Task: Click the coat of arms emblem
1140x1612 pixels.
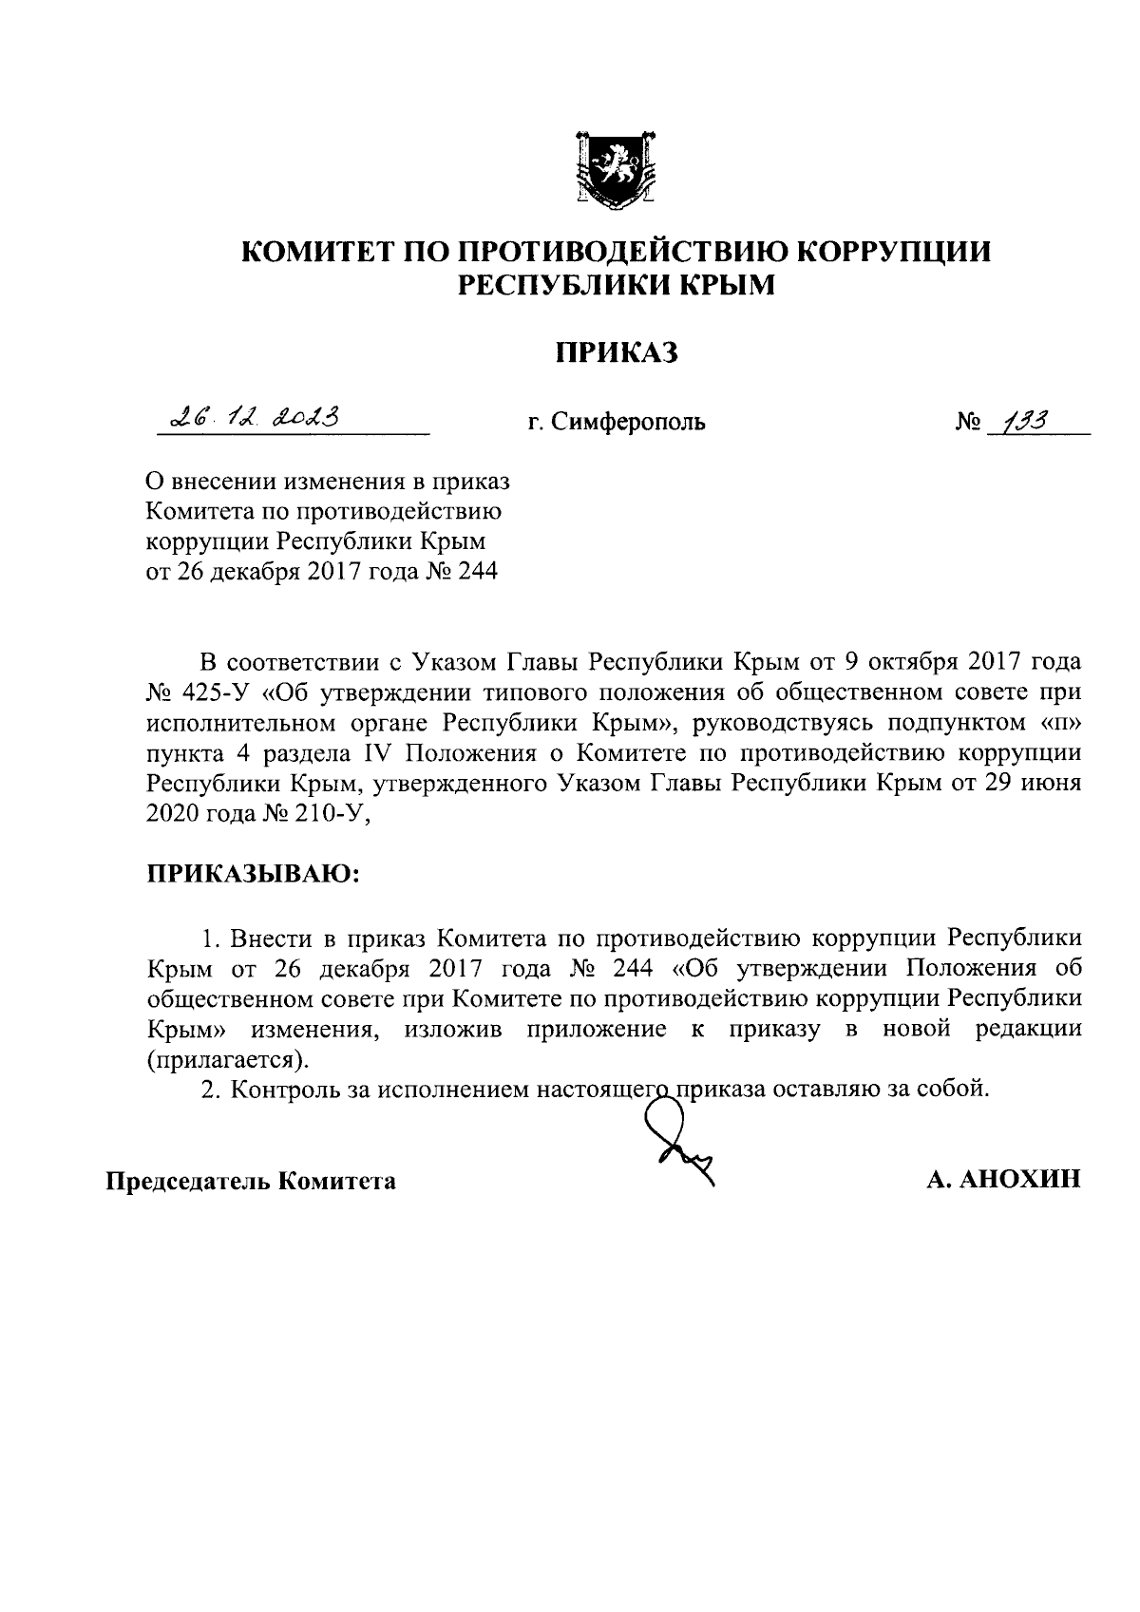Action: click(x=616, y=168)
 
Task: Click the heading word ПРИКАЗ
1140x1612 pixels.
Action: click(x=617, y=353)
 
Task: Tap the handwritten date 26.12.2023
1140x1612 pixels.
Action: click(x=254, y=416)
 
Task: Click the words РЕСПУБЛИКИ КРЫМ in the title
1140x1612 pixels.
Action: click(x=617, y=284)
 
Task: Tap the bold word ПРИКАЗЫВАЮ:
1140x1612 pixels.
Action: click(x=253, y=871)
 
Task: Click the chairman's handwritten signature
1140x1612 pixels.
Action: click(x=676, y=1136)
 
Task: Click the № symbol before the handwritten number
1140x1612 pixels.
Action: click(x=966, y=422)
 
